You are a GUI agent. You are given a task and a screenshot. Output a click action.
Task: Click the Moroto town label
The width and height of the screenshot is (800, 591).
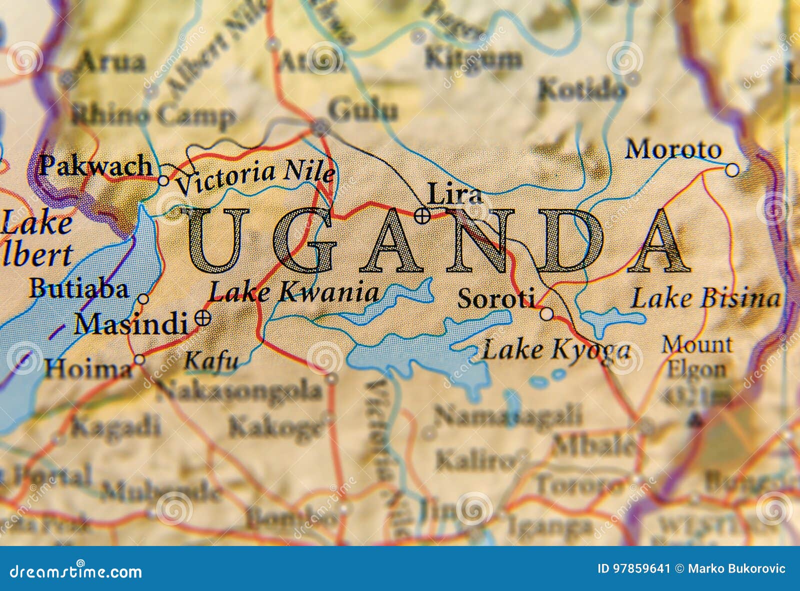tap(673, 149)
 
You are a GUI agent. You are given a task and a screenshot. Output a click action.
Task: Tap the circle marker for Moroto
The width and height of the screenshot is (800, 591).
tap(731, 170)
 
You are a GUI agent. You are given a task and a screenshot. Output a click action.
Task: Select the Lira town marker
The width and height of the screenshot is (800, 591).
tap(422, 215)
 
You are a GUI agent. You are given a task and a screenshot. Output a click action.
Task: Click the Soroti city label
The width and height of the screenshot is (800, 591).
tap(495, 298)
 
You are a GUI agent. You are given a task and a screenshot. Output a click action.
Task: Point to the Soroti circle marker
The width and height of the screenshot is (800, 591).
tap(546, 314)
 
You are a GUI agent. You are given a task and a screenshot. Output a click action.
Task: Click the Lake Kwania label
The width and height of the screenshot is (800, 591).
tap(293, 292)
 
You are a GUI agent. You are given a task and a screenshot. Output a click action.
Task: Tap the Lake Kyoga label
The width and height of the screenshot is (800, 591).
tap(555, 349)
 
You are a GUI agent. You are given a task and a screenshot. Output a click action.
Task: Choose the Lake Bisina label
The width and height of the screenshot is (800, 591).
tap(705, 298)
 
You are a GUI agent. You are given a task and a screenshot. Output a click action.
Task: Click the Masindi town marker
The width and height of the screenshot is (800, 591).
tap(203, 317)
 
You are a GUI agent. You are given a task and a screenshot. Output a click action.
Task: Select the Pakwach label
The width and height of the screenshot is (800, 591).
tap(95, 165)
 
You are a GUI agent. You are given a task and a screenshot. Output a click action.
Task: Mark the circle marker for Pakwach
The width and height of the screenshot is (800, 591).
tap(163, 180)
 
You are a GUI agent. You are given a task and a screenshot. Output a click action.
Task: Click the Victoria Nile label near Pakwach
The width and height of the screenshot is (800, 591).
tap(255, 177)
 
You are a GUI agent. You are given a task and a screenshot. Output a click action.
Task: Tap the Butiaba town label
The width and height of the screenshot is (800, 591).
tap(78, 289)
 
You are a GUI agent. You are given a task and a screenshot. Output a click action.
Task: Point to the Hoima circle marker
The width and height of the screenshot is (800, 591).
tap(139, 359)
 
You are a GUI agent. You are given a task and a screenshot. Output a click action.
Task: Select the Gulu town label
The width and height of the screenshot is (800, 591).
tap(363, 110)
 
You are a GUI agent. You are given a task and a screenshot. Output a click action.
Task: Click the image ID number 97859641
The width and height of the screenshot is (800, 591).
tap(633, 568)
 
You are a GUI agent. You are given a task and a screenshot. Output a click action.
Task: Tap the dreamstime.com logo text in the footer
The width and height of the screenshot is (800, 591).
tap(76, 571)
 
